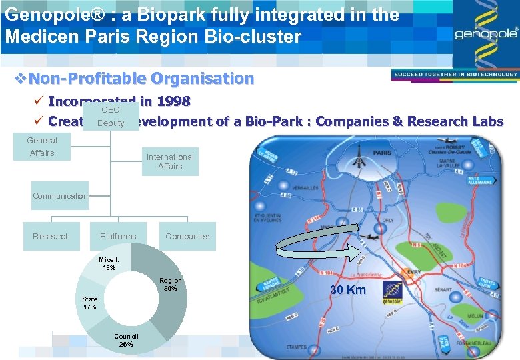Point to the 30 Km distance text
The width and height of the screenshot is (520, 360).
pos(349,291)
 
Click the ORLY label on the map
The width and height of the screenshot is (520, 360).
pos(388,225)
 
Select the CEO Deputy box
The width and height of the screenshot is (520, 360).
pos(111,116)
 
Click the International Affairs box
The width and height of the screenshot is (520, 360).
pos(170,162)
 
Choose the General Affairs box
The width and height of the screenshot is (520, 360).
pos(41,147)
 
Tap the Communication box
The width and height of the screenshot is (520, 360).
pos(60,196)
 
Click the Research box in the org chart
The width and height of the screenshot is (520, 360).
pos(51,237)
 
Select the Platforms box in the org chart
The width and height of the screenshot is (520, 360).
pos(118,237)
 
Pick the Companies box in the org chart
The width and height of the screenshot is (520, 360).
pos(187,237)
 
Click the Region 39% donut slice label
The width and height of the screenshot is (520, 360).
pos(171,285)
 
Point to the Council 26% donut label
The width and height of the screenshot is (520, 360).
pos(126,340)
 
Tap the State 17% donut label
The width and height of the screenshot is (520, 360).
pos(90,303)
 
